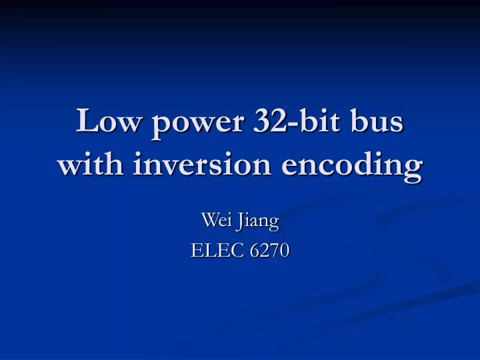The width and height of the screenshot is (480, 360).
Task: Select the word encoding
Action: tap(350, 165)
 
